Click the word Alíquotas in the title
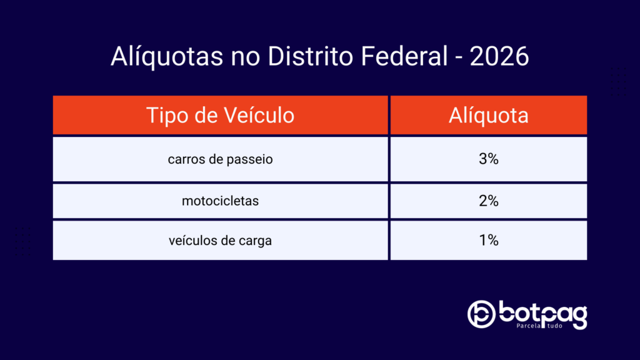click(167, 56)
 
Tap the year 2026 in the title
click(499, 56)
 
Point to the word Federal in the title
click(404, 56)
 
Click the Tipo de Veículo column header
click(221, 115)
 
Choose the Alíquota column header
click(489, 115)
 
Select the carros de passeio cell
click(221, 159)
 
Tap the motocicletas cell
click(221, 201)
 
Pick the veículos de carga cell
click(221, 241)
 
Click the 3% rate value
click(489, 159)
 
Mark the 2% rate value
click(489, 201)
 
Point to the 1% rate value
click(489, 241)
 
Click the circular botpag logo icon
click(482, 314)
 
